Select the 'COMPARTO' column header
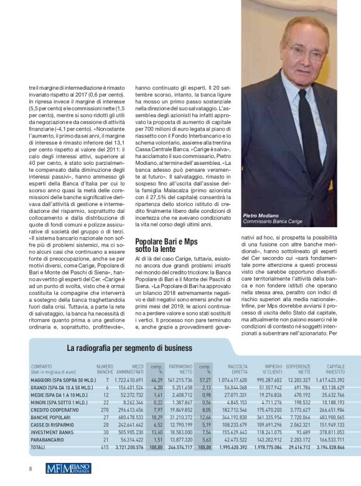coord(42,367)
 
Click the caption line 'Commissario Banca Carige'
coord(273,222)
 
